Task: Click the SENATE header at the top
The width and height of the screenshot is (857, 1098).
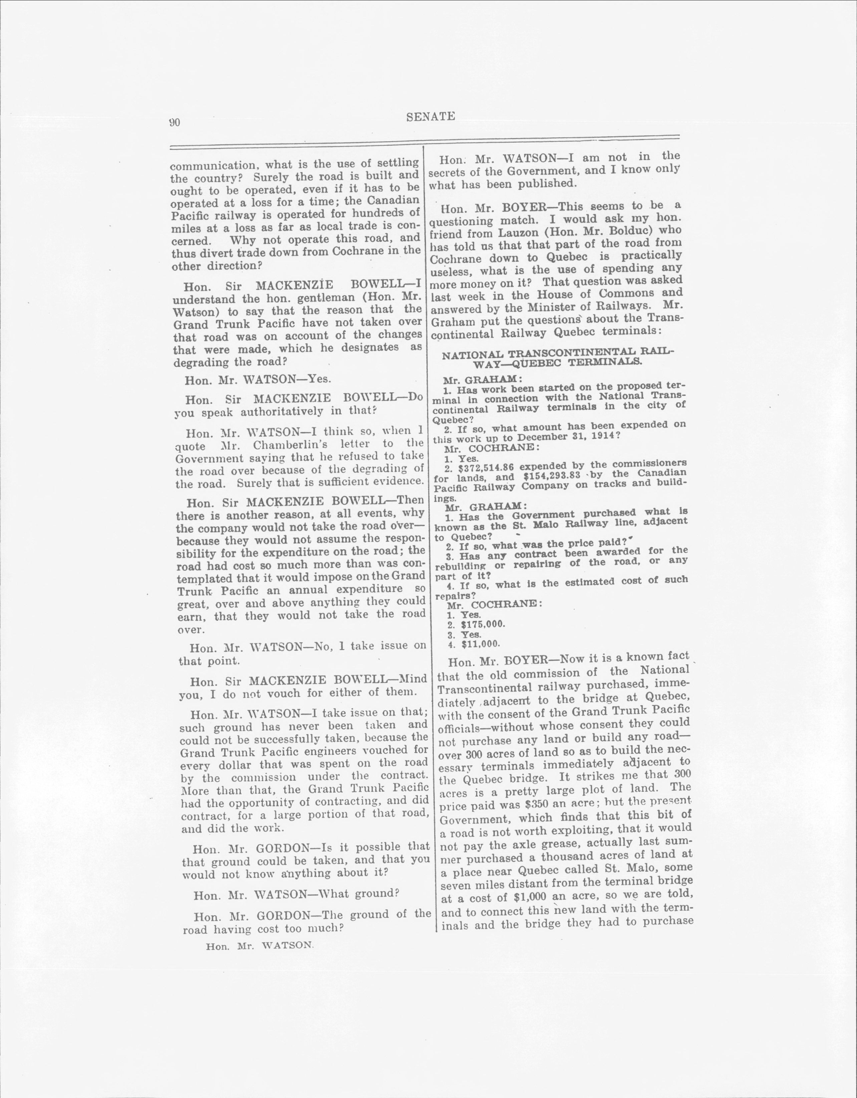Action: click(431, 117)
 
